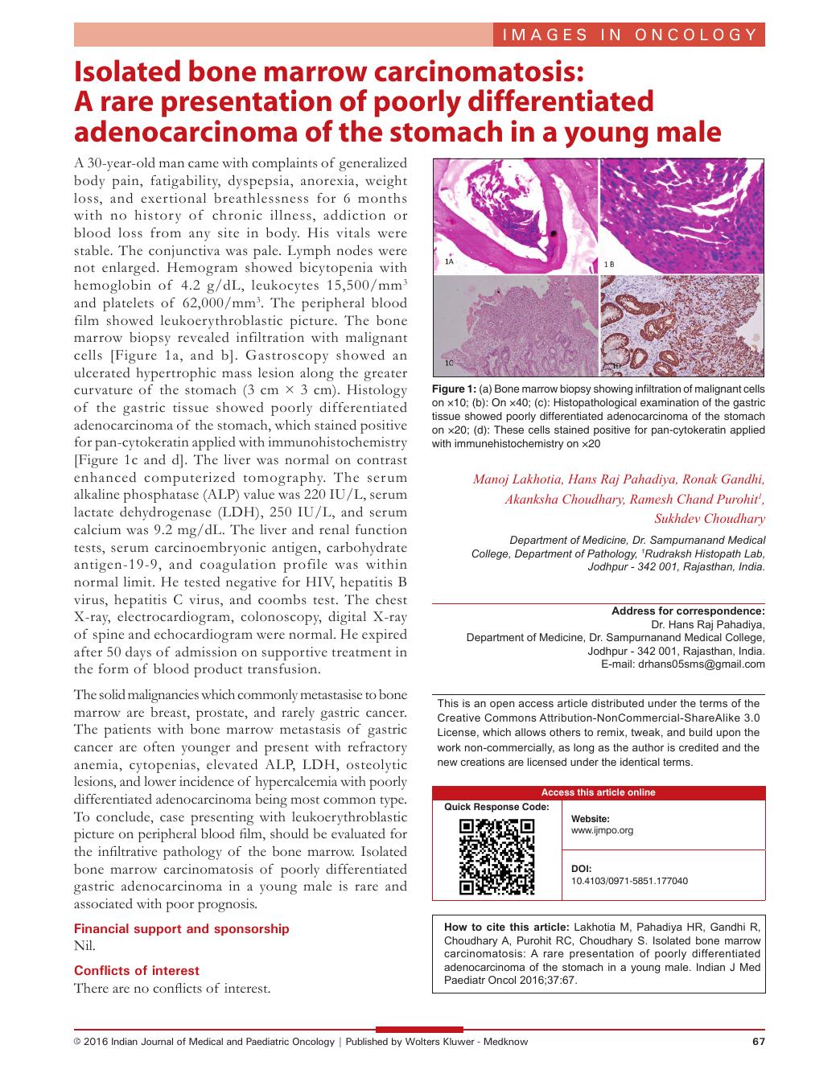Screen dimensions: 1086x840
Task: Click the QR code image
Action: pos(496,857)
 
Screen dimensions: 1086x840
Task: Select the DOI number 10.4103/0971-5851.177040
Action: pos(629,881)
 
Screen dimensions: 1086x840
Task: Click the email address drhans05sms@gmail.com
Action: pos(700,664)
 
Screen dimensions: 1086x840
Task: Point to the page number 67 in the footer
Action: pos(758,1042)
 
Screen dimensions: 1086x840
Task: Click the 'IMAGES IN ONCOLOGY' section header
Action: pos(628,35)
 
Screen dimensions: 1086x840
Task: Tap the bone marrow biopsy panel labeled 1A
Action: pos(516,216)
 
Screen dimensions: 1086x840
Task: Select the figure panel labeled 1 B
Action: pos(682,216)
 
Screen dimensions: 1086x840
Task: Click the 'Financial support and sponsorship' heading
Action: pos(181,928)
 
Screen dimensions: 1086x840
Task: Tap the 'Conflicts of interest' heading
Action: pos(137,970)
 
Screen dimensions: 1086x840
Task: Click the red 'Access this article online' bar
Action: pos(599,792)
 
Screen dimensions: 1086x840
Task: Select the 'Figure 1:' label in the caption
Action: pos(455,389)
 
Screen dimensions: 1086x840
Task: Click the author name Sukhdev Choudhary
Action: pos(721,518)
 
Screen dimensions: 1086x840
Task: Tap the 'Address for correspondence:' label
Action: pos(688,611)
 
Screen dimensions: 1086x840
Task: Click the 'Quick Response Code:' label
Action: pos(496,807)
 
